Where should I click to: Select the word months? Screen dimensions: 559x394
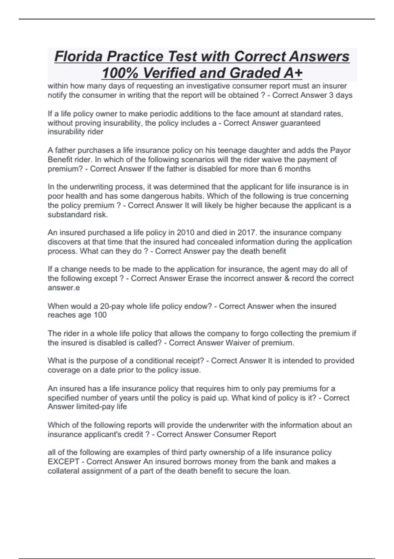[298, 169]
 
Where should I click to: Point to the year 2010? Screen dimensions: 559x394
[186, 232]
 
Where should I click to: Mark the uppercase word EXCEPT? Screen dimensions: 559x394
[63, 462]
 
